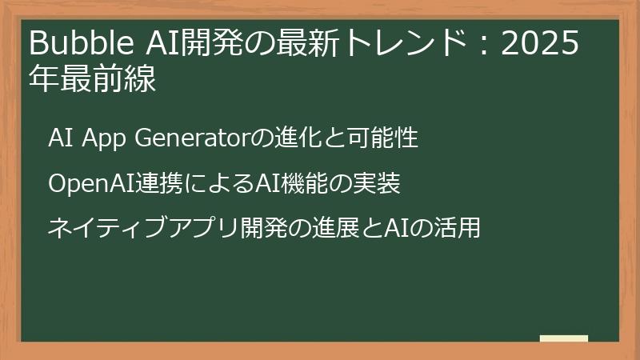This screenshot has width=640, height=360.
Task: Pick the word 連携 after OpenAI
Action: (x=144, y=184)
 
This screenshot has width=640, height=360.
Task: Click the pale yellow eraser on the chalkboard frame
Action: (x=564, y=338)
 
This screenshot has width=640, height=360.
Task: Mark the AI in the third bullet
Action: (x=398, y=229)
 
